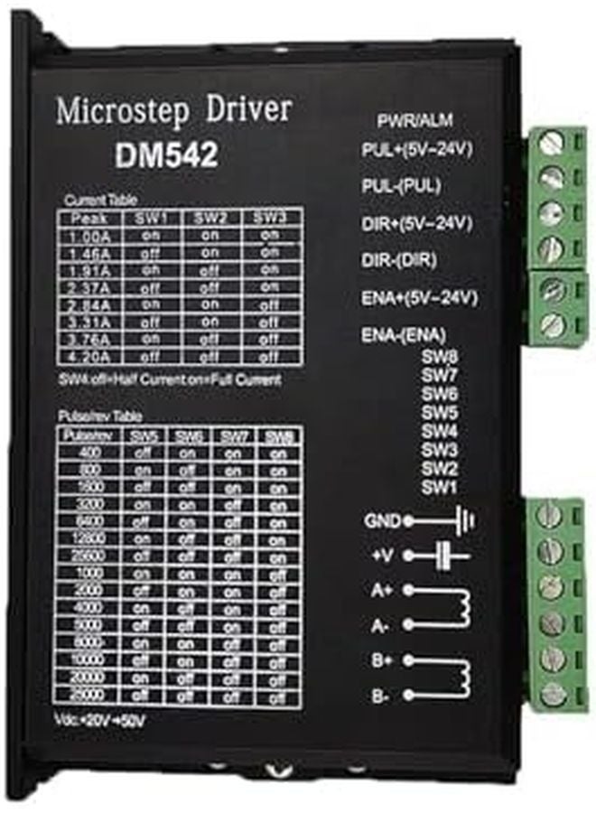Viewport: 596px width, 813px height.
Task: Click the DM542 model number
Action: [166, 154]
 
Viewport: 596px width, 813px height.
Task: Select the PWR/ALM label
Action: [414, 120]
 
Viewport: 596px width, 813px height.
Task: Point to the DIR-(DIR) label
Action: [394, 259]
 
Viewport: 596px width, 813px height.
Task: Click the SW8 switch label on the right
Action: [440, 355]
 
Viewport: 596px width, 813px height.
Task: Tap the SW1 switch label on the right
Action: [440, 487]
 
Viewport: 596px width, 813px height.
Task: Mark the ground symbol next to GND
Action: [461, 521]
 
